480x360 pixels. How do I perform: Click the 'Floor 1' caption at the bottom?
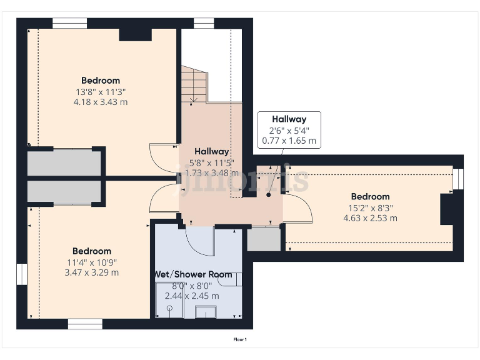[x=240, y=339]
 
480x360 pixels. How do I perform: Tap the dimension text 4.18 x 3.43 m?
[x=100, y=101]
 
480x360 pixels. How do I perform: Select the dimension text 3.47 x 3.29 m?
[x=91, y=272]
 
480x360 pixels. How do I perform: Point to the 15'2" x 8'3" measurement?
[x=370, y=208]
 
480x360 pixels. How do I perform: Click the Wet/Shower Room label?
[x=193, y=274]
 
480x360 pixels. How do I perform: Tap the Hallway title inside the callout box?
[x=289, y=119]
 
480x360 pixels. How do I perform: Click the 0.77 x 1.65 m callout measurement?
[x=289, y=141]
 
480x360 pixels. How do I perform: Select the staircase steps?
[x=194, y=85]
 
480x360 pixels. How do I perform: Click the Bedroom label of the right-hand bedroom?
[x=370, y=197]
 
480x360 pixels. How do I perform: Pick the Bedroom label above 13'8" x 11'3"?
[x=100, y=80]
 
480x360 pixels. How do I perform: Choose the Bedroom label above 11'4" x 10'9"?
[x=91, y=251]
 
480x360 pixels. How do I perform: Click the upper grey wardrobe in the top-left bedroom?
[x=64, y=162]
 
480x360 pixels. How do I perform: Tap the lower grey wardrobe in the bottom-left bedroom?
[x=64, y=191]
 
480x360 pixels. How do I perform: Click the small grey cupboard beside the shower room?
[x=264, y=239]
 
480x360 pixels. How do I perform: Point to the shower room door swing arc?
[x=200, y=241]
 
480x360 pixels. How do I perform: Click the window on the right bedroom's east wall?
[x=457, y=179]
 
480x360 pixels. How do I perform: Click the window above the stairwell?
[x=204, y=23]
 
